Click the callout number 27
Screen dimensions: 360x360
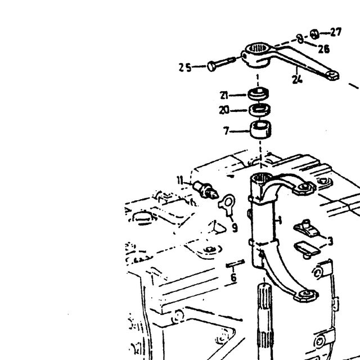click(x=336, y=32)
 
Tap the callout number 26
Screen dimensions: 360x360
click(x=324, y=49)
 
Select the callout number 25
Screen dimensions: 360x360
click(x=185, y=67)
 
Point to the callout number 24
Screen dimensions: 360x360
click(x=298, y=79)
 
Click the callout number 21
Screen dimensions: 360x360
click(x=224, y=95)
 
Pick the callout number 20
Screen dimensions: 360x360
click(x=224, y=111)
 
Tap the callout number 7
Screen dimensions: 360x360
click(x=226, y=131)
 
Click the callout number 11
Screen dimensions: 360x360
click(x=180, y=180)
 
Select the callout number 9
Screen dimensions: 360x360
click(x=235, y=228)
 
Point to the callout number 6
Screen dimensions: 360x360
click(x=233, y=277)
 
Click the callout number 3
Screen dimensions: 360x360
click(x=330, y=241)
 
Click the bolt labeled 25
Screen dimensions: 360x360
click(x=221, y=64)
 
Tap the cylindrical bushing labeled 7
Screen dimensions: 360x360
click(x=260, y=130)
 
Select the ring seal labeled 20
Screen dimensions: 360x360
click(x=259, y=110)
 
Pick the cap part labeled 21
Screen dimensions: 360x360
click(x=258, y=93)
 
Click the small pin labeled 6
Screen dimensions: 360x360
click(x=235, y=264)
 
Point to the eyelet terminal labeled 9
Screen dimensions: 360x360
click(x=227, y=204)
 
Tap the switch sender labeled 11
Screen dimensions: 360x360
click(x=205, y=190)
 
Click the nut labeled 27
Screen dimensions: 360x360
click(x=314, y=34)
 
